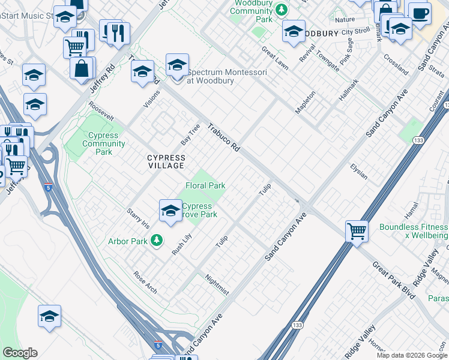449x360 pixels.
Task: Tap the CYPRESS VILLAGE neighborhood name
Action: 166,162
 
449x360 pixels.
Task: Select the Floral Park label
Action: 205,185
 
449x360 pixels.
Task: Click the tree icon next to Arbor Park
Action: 157,241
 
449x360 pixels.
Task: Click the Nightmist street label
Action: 217,284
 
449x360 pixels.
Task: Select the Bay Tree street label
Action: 190,134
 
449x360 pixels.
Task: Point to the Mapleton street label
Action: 305,103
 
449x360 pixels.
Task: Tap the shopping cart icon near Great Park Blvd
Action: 357,230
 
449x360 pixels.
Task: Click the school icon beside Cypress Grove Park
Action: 170,211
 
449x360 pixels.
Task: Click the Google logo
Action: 20,353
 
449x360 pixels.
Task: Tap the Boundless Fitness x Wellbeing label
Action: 413,231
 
